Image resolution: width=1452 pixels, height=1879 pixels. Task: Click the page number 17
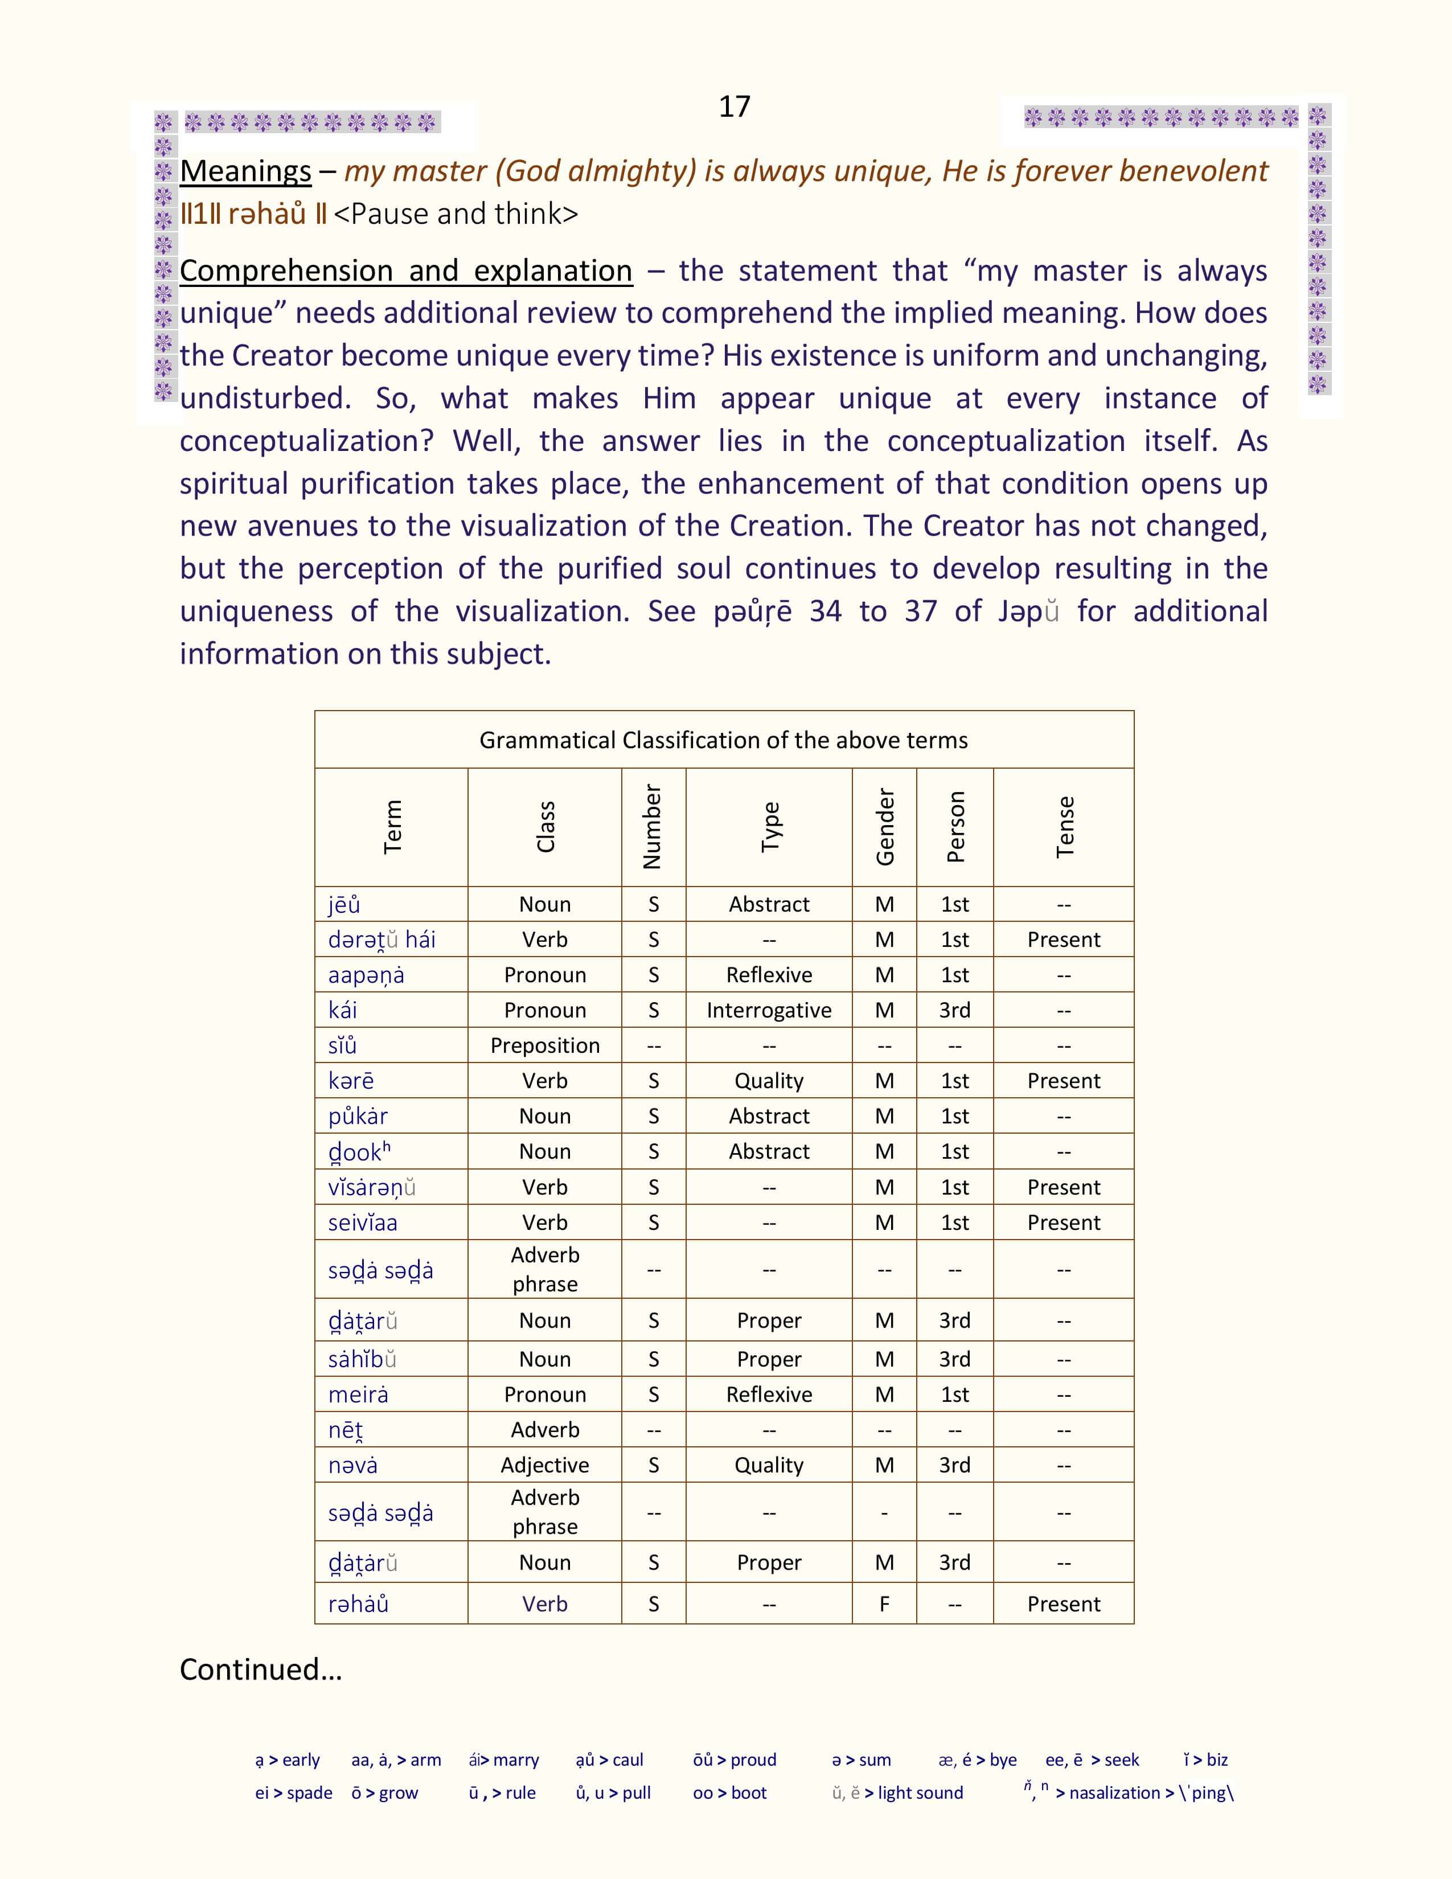tap(734, 106)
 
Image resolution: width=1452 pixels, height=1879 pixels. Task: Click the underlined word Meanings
tap(245, 171)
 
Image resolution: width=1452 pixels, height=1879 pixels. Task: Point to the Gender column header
tap(884, 827)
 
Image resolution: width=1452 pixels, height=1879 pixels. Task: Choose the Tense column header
tap(1064, 827)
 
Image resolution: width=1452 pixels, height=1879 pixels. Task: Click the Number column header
tap(653, 827)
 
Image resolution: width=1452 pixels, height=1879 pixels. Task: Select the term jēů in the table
tap(344, 904)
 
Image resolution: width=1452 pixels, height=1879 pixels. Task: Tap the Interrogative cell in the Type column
tap(769, 1010)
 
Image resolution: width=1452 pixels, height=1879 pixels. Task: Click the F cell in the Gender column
tap(884, 1603)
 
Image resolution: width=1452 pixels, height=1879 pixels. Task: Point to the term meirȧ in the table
tap(358, 1394)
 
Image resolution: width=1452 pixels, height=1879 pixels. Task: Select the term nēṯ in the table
tap(346, 1430)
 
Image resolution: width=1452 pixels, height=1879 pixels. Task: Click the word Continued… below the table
tap(261, 1669)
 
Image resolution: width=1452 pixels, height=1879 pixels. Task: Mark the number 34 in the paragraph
tap(825, 611)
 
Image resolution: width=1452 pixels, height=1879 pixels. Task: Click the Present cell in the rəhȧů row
tap(1064, 1603)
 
